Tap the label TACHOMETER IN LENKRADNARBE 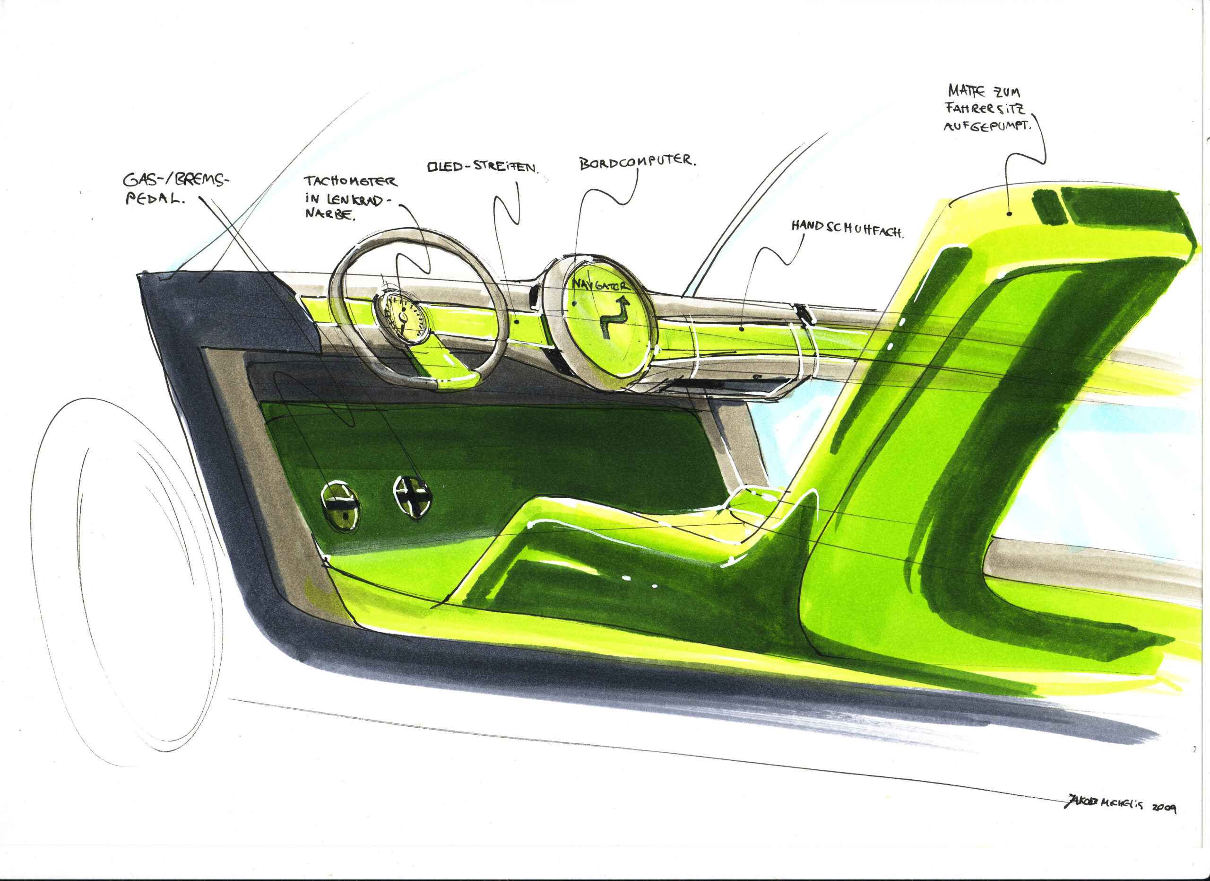(349, 198)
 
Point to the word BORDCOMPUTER (638, 162)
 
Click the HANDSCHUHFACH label (847, 228)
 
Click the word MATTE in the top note (966, 91)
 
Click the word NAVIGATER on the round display (600, 284)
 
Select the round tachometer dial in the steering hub (401, 317)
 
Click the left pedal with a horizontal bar (340, 506)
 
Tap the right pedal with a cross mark (412, 496)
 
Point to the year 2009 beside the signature (1164, 808)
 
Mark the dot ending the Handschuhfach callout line (742, 329)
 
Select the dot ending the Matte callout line (1010, 213)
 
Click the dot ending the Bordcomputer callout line (574, 303)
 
